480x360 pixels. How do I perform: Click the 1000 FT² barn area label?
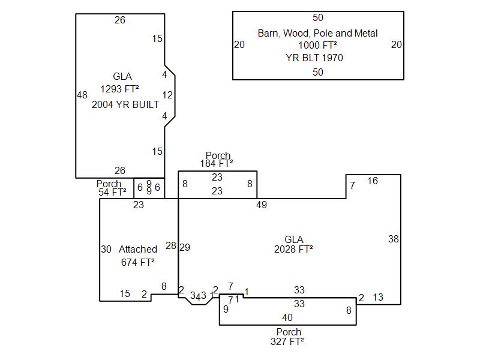pyautogui.click(x=317, y=45)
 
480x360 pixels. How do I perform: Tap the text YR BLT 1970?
pyautogui.click(x=317, y=58)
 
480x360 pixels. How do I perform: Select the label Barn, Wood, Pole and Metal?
pyautogui.click(x=317, y=33)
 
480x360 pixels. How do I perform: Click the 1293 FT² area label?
pyautogui.click(x=119, y=89)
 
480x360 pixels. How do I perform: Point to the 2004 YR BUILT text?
pyautogui.click(x=125, y=104)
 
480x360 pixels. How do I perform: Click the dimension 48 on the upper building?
pyautogui.click(x=82, y=95)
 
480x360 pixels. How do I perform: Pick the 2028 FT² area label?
pyautogui.click(x=293, y=249)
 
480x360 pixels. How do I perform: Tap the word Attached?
pyautogui.click(x=138, y=249)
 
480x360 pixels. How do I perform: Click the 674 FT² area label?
pyautogui.click(x=138, y=262)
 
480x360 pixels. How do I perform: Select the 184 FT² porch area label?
pyautogui.click(x=217, y=163)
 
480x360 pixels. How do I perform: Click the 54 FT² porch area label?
pyautogui.click(x=112, y=193)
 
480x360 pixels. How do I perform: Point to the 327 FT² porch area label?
pyautogui.click(x=288, y=341)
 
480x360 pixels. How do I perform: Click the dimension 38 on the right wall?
pyautogui.click(x=393, y=239)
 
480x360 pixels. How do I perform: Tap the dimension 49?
pyautogui.click(x=261, y=205)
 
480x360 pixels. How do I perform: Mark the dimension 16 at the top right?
pyautogui.click(x=373, y=181)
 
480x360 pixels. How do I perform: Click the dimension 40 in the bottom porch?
pyautogui.click(x=287, y=317)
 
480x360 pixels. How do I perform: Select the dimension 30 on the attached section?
pyautogui.click(x=106, y=249)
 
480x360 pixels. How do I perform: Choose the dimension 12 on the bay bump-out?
pyautogui.click(x=167, y=95)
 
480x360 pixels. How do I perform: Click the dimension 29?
pyautogui.click(x=185, y=247)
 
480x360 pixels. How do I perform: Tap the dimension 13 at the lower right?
pyautogui.click(x=378, y=297)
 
